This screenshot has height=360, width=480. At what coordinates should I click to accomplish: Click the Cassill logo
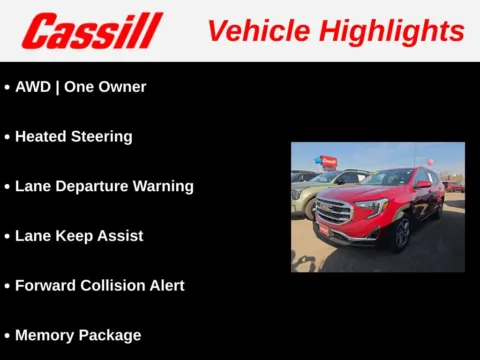[92, 31]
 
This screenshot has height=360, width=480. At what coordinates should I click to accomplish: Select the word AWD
[33, 87]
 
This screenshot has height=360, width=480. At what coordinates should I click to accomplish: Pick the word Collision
[107, 286]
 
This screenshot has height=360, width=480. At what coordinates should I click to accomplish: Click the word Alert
[164, 286]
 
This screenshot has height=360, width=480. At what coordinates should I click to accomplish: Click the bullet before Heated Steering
[7, 137]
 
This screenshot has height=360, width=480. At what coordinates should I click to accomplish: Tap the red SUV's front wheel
[401, 233]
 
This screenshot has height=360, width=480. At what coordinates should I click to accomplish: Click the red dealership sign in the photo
[328, 161]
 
